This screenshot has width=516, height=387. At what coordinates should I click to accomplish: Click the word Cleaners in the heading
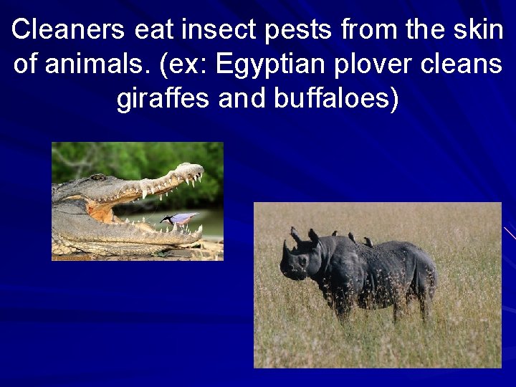click(x=69, y=29)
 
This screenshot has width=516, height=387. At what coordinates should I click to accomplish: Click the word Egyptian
click(x=265, y=65)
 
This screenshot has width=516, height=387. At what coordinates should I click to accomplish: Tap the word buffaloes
click(x=335, y=98)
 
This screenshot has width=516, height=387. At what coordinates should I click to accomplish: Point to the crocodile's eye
click(x=97, y=178)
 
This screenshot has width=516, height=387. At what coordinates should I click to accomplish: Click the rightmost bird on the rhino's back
click(x=368, y=242)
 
